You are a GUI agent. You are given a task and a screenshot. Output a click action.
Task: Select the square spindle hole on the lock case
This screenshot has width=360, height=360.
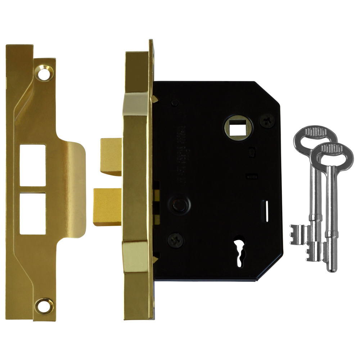238,127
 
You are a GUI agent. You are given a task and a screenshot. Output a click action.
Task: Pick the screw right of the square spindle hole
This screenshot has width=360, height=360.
267,121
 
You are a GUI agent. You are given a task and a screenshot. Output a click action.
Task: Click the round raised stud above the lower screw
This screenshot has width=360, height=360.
179,206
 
